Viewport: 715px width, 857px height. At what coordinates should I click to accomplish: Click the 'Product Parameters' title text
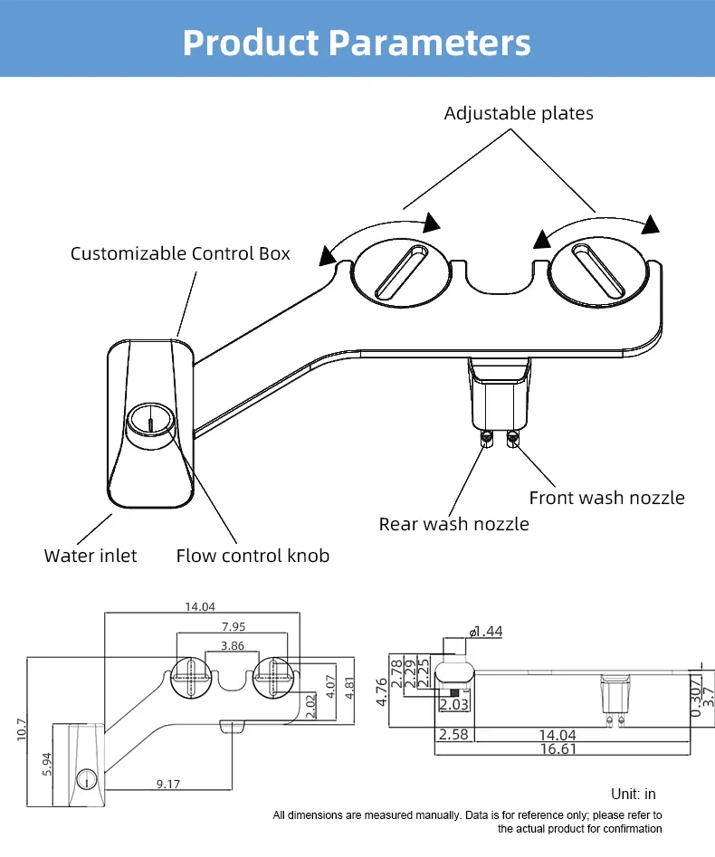coord(357,43)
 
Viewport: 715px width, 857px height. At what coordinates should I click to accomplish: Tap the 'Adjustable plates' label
coord(519,113)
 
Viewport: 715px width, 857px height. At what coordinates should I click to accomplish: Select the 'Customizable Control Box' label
coord(180,253)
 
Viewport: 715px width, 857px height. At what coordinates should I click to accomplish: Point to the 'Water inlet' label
coord(91,556)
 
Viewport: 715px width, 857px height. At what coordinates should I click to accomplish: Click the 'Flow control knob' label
coord(253,556)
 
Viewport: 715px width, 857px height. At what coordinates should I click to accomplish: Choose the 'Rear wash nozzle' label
coord(453,524)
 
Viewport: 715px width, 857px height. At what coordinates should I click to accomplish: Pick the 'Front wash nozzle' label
coord(606,498)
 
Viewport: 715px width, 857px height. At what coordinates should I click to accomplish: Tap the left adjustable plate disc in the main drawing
coord(401,272)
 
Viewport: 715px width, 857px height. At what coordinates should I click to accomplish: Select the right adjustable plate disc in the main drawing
coord(598,271)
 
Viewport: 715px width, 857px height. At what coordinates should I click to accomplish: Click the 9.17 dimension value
coord(167,785)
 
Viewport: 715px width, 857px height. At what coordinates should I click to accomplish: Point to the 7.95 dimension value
coord(234,627)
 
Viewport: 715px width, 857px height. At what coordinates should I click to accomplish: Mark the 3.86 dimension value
coord(233,646)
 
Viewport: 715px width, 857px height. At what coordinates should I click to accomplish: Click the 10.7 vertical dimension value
coord(22,729)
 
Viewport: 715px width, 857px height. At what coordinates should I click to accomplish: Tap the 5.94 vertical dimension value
coord(47,764)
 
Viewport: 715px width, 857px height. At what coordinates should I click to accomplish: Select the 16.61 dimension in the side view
coord(558,748)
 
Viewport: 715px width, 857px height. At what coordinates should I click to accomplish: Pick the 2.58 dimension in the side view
coord(453,734)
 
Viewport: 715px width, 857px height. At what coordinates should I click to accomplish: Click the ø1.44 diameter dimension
coord(485,632)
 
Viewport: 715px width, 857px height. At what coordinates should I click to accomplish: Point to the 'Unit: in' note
coord(634,794)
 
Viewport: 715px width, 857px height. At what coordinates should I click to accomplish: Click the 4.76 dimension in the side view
coord(382,692)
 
